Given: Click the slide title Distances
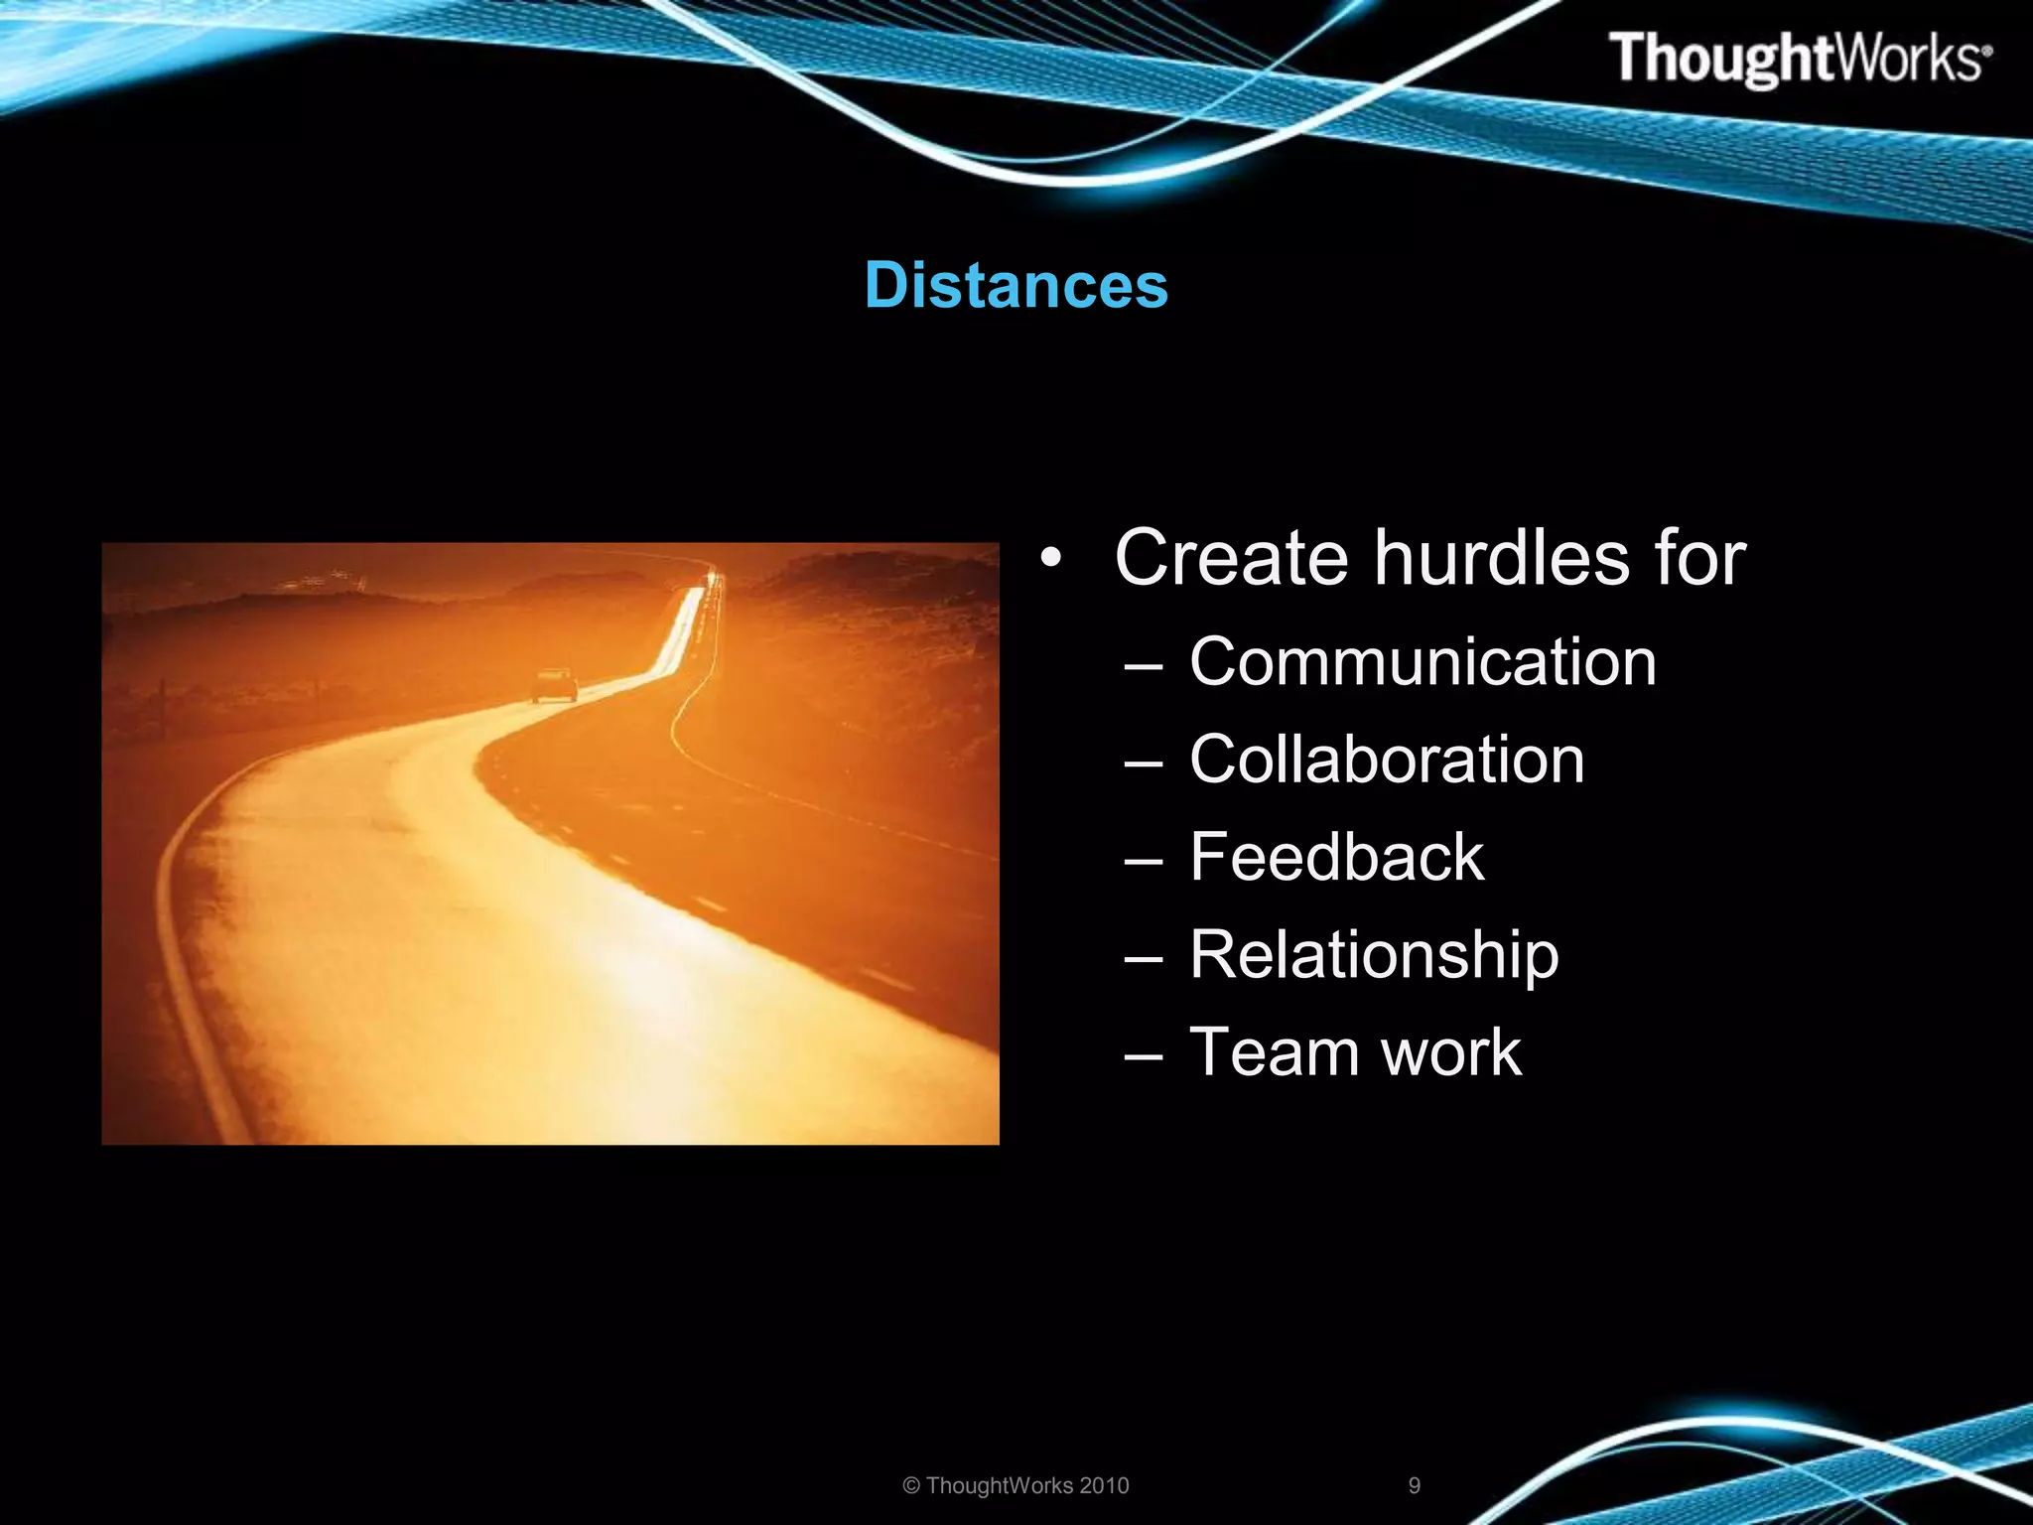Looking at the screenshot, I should pos(1016,286).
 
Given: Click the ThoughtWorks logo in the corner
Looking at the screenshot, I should pos(1799,59).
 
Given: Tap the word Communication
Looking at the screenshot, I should pos(1423,662).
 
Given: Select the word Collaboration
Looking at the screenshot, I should pos(1387,761).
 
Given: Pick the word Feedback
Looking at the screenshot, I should pos(1336,858).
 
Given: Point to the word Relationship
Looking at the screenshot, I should pos(1374,955).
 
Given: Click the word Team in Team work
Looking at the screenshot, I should pos(1277,1052).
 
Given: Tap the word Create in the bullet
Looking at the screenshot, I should pos(1231,558).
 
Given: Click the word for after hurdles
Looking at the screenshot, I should pos(1699,558).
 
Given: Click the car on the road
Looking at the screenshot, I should pos(554,685).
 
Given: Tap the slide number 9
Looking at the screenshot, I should pos(1415,1485).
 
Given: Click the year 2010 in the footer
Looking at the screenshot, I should pos(1104,1485).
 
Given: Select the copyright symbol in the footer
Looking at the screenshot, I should pos(911,1486).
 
